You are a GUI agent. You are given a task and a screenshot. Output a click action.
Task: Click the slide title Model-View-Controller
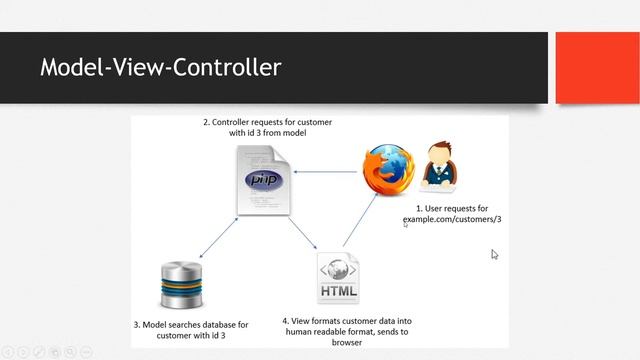point(160,68)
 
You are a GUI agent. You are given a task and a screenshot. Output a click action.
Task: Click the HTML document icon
point(337,278)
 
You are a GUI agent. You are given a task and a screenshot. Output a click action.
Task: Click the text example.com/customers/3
point(451,219)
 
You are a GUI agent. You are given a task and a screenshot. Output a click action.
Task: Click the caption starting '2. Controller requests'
point(267,127)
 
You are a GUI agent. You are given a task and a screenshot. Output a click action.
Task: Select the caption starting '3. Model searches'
point(191,330)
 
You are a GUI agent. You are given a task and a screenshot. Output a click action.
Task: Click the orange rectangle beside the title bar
point(596,67)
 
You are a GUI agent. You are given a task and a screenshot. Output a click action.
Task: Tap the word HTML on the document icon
point(337,292)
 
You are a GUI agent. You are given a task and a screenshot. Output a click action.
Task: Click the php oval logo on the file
point(264,181)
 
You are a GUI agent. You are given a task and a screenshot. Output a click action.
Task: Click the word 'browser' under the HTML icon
point(341,342)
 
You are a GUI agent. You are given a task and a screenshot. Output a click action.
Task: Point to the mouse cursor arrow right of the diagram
point(494,254)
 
